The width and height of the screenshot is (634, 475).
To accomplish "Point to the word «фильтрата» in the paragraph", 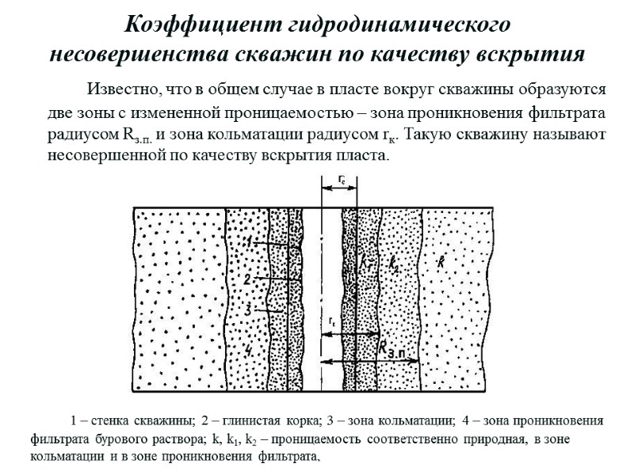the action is (x=565, y=111).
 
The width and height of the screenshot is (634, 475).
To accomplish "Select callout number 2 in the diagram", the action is (x=247, y=279).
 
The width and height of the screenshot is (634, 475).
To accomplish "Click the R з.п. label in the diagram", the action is (x=393, y=348).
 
